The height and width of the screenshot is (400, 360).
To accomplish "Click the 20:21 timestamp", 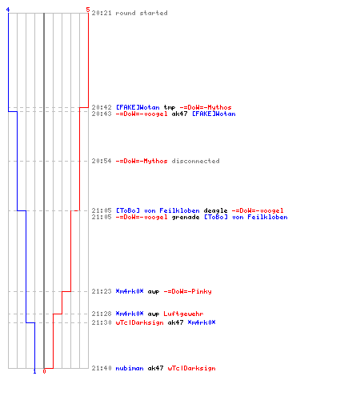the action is [x=102, y=13].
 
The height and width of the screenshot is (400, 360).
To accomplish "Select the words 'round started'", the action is [x=142, y=13].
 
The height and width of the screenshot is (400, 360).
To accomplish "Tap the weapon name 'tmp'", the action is [x=170, y=107].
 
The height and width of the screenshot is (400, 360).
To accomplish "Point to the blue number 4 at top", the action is [x=8, y=10].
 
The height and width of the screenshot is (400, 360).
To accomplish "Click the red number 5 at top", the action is [x=88, y=10].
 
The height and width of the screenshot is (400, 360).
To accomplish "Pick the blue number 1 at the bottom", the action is [x=34, y=371].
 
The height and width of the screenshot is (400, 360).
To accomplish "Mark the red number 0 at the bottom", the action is [x=44, y=371].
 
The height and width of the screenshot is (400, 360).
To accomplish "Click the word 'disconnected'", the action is [x=195, y=161].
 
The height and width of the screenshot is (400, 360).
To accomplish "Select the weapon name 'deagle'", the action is [x=215, y=210].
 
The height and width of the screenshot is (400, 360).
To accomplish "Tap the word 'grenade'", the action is [x=186, y=217].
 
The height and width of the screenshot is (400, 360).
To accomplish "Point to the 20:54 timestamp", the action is [x=102, y=161].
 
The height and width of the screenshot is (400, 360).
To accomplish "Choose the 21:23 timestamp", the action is [x=102, y=291].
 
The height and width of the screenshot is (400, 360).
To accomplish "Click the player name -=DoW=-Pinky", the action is [x=187, y=291].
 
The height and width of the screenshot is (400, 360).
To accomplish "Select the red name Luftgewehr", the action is [x=183, y=314].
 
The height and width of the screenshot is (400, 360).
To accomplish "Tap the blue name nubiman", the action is [x=130, y=368].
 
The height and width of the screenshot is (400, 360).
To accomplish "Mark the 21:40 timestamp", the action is [x=102, y=368].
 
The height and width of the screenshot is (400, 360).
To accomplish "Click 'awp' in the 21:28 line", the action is [x=154, y=314].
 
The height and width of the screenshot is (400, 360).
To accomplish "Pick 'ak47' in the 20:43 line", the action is [x=179, y=114].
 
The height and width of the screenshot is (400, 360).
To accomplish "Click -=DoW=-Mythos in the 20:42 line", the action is [x=206, y=107].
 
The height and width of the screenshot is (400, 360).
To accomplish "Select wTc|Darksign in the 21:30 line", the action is [x=139, y=322].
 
